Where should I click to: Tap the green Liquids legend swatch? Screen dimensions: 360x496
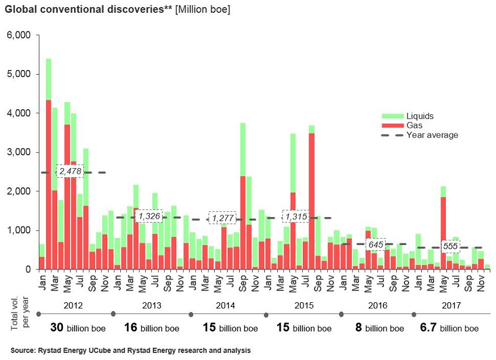pos(390,116)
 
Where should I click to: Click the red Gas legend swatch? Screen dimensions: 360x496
pos(390,125)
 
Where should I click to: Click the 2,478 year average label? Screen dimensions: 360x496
pos(70,172)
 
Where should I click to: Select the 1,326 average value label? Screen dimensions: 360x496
pos(149,217)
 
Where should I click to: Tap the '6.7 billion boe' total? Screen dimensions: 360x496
pos(449,328)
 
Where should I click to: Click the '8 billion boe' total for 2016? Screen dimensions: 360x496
pos(379,328)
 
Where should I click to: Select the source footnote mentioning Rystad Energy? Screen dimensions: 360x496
pos(131,351)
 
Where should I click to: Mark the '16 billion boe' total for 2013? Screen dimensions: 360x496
pos(152,328)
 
